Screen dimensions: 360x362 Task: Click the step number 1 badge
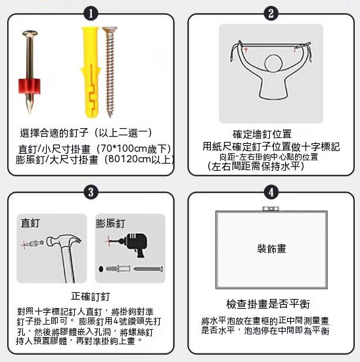[x=91, y=14]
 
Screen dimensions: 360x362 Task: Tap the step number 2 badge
[x=271, y=14]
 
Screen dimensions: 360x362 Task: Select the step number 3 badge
[x=91, y=192]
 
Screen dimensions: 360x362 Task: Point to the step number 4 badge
[x=271, y=192]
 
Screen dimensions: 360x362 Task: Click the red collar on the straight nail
[x=30, y=86]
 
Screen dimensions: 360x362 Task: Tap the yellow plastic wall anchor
[x=91, y=73]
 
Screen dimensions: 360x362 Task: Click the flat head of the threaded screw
[x=110, y=30]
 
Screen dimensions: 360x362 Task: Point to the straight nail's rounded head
[x=30, y=34]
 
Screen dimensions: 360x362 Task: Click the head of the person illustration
[x=273, y=64]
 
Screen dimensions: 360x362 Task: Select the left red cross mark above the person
[x=246, y=49]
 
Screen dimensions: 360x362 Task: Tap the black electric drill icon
[x=135, y=244]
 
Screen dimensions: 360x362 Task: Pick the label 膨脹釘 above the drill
[x=110, y=223]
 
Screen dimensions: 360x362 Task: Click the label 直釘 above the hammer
[x=30, y=223]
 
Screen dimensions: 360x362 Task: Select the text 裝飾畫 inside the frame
[x=271, y=248]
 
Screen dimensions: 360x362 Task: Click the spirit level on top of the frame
[x=271, y=209]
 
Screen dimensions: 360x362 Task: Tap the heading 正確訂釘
[x=91, y=296]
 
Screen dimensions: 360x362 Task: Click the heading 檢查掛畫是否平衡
[x=268, y=304]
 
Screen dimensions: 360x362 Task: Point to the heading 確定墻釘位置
[x=262, y=134]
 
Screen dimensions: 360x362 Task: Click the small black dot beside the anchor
[x=101, y=269]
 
